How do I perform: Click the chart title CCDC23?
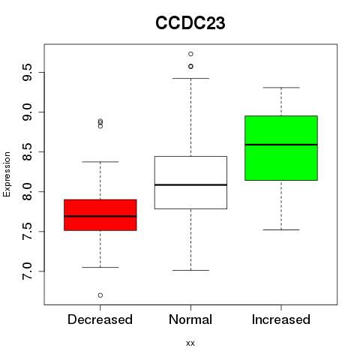coord(190,23)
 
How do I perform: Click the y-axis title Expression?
coord(7,174)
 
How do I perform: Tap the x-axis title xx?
coord(190,343)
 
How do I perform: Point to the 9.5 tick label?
coord(27,73)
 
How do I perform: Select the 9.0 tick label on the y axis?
coord(27,112)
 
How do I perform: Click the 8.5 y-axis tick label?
coord(27,152)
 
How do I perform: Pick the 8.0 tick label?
coord(27,192)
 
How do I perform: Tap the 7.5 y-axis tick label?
coord(27,232)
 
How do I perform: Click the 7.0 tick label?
coord(27,271)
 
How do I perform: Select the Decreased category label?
coord(100,319)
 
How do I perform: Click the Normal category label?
coord(190,319)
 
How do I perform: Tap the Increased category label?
coord(281,319)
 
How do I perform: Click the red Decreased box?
coord(100,215)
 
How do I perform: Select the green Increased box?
coord(281,148)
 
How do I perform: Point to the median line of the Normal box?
coord(190,184)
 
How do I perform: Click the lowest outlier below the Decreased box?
coord(100,295)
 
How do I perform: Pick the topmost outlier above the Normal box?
coord(190,54)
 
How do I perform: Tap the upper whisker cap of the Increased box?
coord(281,88)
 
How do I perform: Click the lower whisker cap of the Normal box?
coord(190,270)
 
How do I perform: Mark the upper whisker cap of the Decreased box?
coord(100,162)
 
